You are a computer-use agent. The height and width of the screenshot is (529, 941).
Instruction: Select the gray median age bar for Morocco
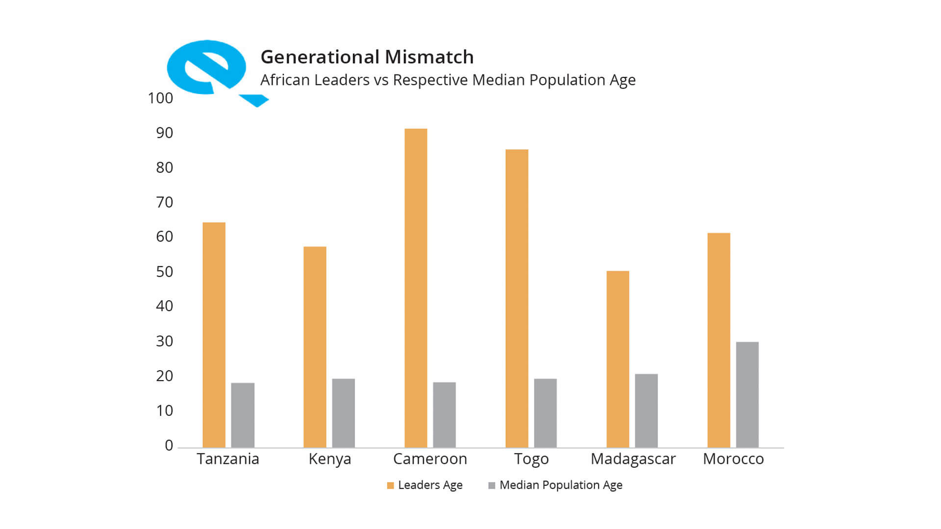coord(747,395)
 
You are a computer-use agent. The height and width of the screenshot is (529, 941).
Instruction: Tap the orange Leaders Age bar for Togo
coord(517,298)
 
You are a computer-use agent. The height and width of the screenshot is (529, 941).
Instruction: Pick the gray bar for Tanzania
coord(243,415)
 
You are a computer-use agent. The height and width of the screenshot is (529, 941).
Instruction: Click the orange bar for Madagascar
coord(618,359)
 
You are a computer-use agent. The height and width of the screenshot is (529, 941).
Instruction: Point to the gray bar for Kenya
coord(343,413)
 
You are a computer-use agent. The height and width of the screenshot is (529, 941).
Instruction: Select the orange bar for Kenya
coord(315,347)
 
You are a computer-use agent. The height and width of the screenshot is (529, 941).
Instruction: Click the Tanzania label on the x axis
coord(228,459)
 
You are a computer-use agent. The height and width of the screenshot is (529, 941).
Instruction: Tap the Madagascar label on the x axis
coord(633,459)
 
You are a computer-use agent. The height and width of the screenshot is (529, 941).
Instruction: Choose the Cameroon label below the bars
coord(430,459)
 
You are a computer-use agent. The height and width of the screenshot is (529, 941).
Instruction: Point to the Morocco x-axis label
coord(733,459)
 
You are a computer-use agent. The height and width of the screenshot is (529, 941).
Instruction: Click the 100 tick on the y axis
coord(160,98)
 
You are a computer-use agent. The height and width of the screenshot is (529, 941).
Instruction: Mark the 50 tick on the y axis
coord(165,272)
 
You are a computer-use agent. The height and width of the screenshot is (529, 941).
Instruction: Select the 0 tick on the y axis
coord(169,445)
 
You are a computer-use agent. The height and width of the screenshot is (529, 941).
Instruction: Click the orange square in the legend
coord(391,485)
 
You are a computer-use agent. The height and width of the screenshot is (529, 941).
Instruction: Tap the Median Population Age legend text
coord(561,485)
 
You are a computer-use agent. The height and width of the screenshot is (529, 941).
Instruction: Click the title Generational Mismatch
coord(367,57)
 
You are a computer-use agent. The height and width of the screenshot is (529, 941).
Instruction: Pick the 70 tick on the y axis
coord(165,202)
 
